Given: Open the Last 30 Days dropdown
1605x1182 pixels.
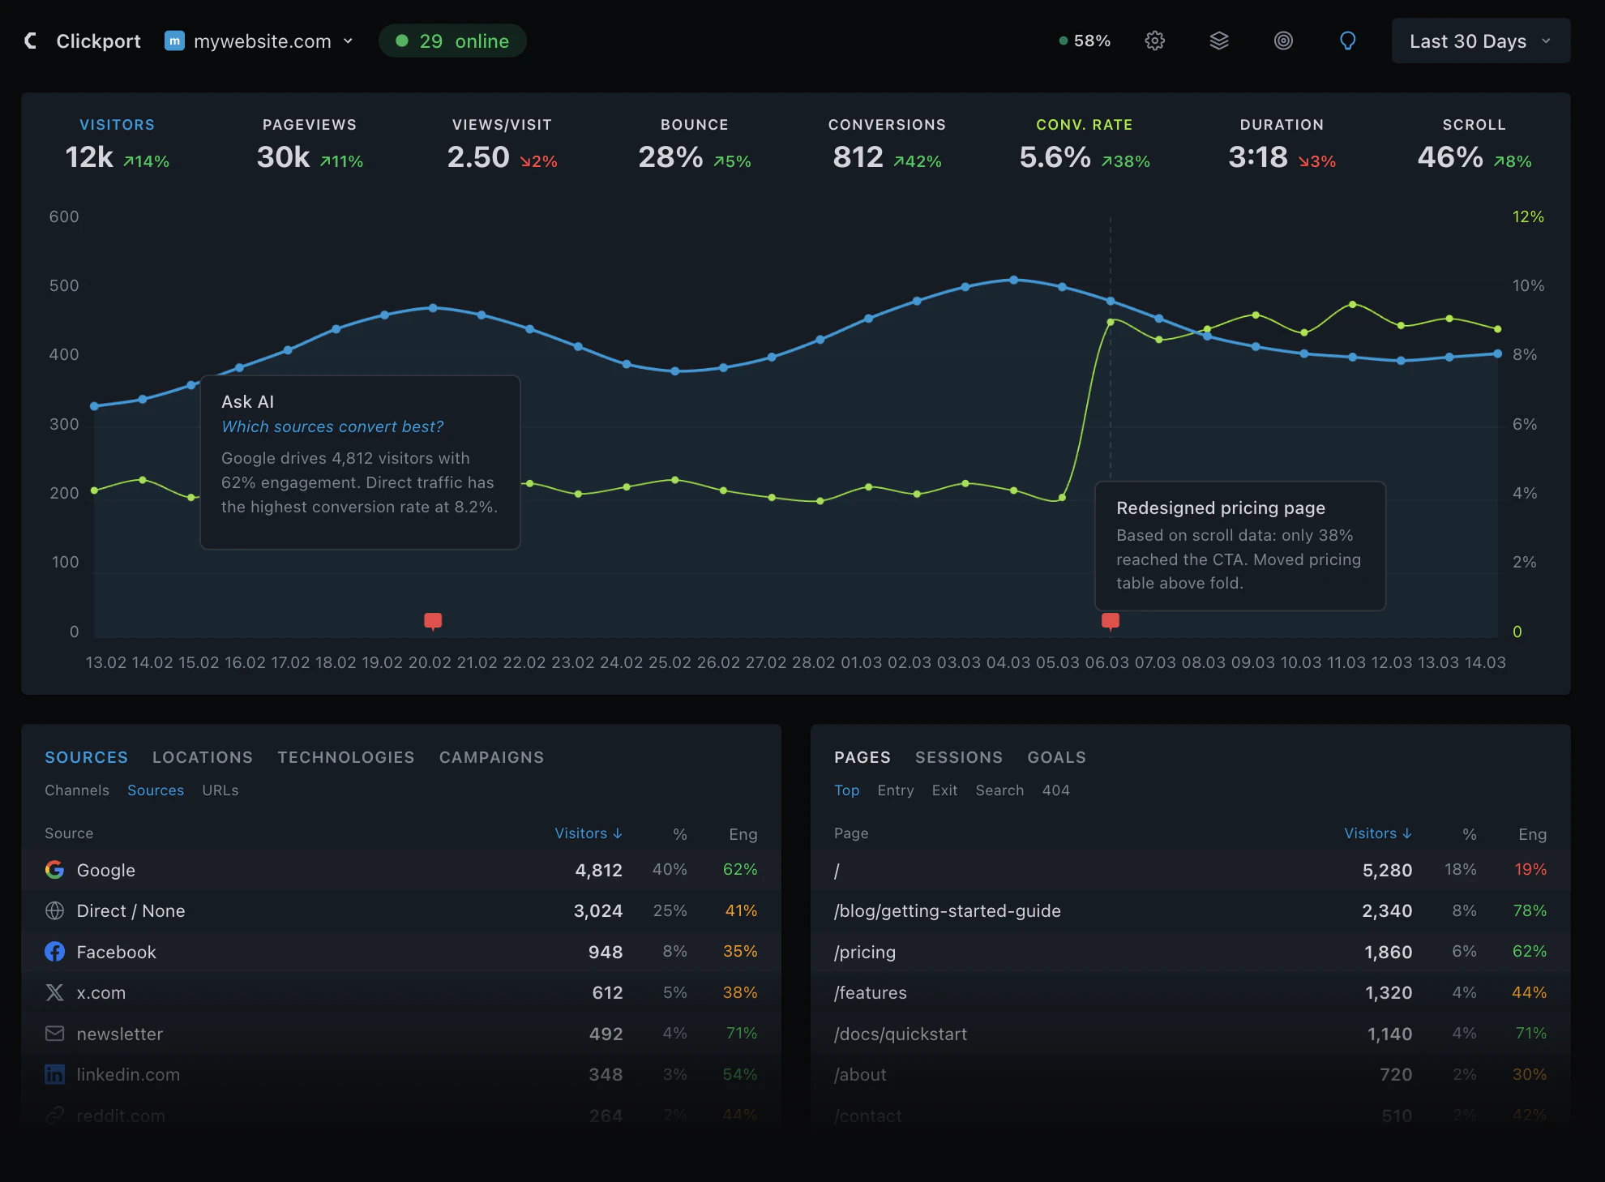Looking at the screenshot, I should click(1480, 41).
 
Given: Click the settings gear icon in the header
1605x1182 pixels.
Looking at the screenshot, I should click(1154, 41).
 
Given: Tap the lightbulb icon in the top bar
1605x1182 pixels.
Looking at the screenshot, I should click(1347, 41).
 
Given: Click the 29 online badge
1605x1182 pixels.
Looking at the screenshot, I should click(452, 41).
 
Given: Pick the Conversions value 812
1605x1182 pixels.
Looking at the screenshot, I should click(858, 157).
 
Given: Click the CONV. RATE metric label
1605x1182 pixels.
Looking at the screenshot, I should click(1084, 125).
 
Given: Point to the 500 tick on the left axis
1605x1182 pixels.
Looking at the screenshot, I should click(64, 286).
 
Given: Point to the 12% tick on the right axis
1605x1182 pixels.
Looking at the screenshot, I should click(1528, 217).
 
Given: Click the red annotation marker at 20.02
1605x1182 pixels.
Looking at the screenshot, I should click(433, 621).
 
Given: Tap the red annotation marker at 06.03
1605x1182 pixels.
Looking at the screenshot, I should click(1111, 621).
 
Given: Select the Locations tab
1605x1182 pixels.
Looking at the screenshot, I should click(203, 757).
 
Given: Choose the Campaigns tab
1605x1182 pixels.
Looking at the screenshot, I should click(491, 757).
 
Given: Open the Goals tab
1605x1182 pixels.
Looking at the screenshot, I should click(1056, 757).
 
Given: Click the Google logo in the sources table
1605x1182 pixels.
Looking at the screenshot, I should click(55, 870).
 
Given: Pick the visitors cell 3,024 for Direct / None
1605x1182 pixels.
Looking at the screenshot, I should click(598, 911).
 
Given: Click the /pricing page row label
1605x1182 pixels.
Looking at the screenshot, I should click(865, 953).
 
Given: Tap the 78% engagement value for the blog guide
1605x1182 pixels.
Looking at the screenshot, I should click(1530, 911).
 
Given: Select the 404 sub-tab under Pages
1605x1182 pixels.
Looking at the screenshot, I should click(1055, 790).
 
